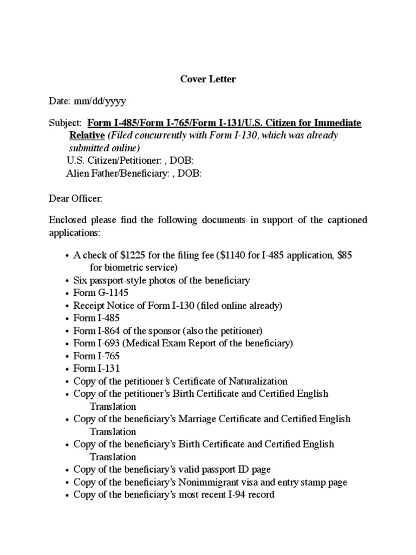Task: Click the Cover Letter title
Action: pos(208,79)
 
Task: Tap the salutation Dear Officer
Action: pos(75,199)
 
